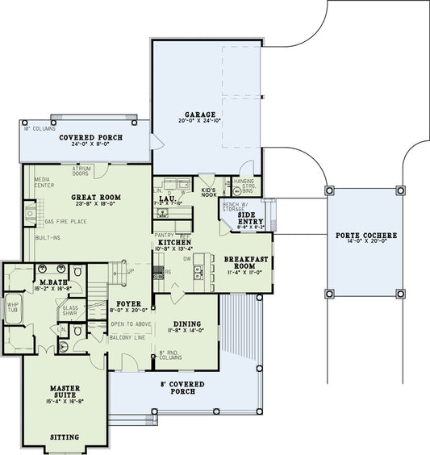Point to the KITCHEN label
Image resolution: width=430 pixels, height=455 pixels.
[173, 242]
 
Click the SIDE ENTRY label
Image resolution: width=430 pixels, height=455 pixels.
[251, 219]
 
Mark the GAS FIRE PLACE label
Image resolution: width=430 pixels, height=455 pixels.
[66, 221]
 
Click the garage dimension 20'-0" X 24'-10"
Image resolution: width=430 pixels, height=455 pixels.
[198, 121]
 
